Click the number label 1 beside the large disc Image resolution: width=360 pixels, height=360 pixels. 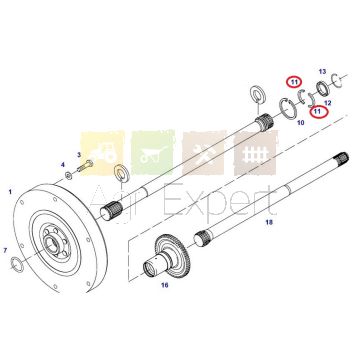coord(10,192)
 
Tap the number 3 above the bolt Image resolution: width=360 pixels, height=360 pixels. coord(79,155)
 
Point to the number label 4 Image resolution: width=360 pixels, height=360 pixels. coord(62,165)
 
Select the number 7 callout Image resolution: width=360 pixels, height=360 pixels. coord(5,250)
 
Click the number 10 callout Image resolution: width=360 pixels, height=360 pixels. coord(301,123)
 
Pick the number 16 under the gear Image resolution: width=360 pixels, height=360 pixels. coord(165,285)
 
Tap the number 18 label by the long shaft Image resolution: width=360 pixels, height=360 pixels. coord(269,222)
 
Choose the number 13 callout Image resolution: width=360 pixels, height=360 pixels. coord(322,72)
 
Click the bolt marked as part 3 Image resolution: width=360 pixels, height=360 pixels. coord(85,166)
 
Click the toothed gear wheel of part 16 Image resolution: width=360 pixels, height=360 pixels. coord(174,253)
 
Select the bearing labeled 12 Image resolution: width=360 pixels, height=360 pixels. coord(322,88)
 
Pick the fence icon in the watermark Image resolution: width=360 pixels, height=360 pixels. coord(255,154)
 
